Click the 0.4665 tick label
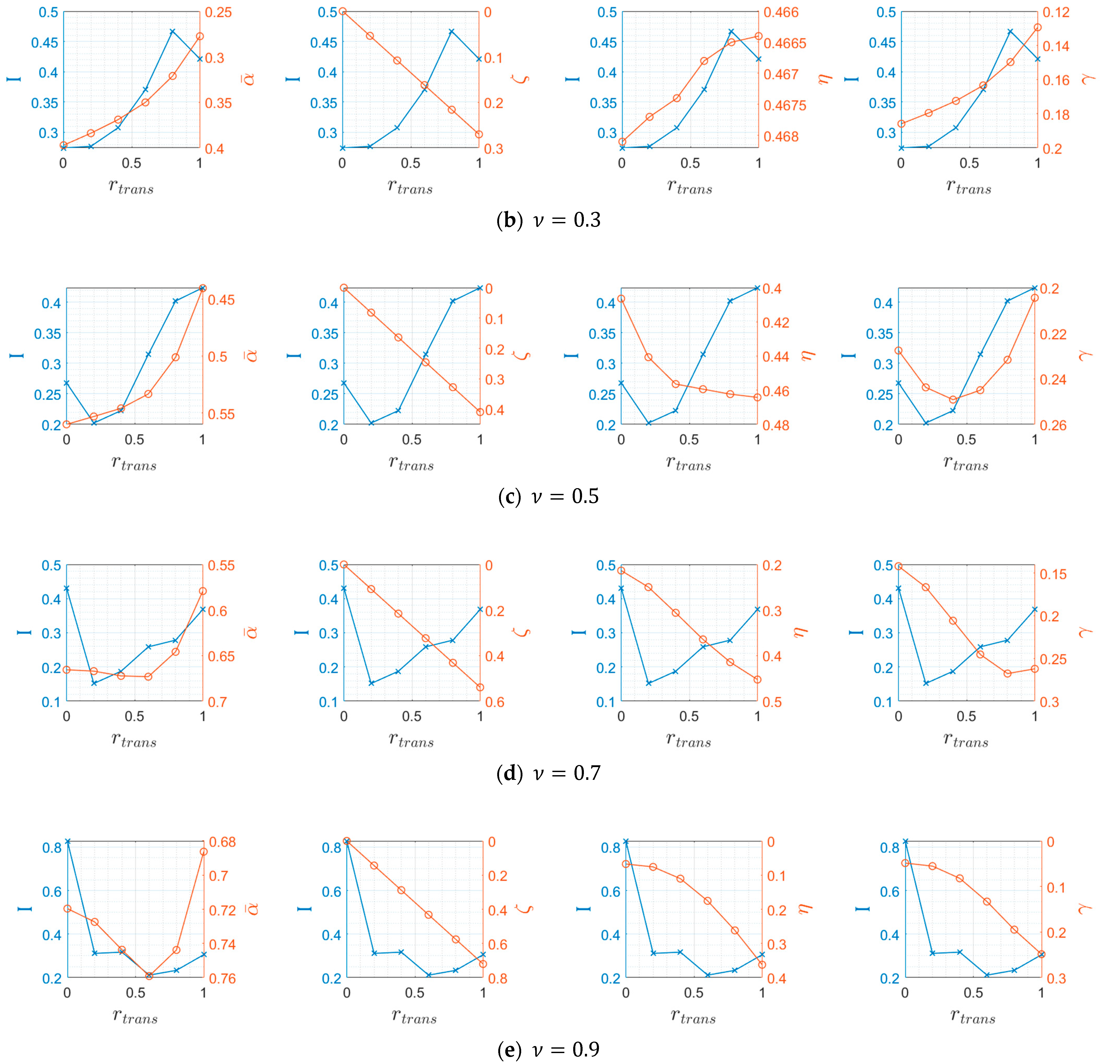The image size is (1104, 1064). click(x=785, y=43)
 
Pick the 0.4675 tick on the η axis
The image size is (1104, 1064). click(x=785, y=105)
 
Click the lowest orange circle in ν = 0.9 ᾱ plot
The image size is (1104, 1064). click(x=149, y=976)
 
